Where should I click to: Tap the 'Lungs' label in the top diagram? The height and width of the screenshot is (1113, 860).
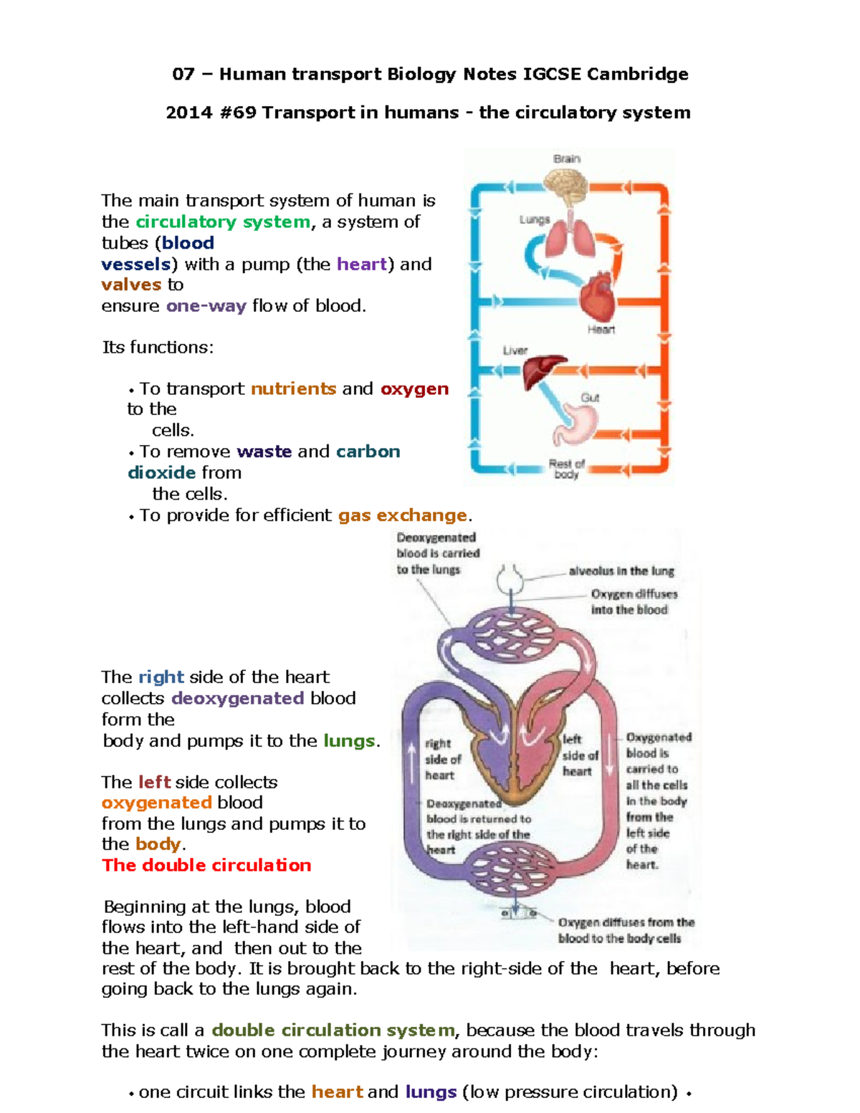point(535,220)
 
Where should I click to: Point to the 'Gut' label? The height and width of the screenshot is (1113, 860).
point(590,398)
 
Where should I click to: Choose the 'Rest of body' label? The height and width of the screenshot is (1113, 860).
point(567,469)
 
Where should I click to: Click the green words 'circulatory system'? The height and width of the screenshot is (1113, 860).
point(223,222)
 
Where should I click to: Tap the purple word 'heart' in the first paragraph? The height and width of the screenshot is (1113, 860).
point(362,264)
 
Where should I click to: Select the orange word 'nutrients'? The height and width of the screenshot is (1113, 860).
point(293,388)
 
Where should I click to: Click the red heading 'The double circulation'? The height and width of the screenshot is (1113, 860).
point(206,865)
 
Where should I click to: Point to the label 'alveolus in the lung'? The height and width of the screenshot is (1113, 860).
point(621,571)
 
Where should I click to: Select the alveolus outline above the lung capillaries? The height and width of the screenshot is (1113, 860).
point(510,578)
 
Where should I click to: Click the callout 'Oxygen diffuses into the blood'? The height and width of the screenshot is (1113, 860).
point(634,602)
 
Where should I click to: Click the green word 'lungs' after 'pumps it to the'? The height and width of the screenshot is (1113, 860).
point(349,741)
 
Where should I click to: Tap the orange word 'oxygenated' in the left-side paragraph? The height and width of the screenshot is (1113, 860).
point(156,803)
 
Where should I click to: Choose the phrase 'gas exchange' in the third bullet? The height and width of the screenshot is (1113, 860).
point(402,515)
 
